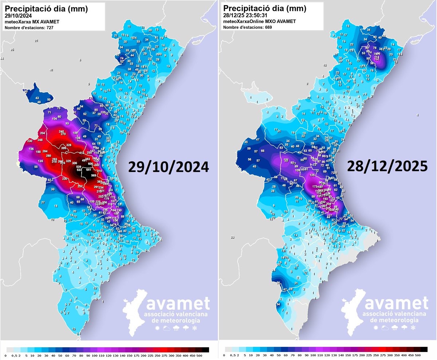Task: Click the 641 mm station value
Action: pos(88,170)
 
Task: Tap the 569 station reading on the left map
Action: pos(94,176)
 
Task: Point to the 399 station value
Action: pos(63,148)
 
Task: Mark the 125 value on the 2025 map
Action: pos(312,175)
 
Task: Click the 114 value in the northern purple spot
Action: pos(377,58)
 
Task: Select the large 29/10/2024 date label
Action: pos(168,167)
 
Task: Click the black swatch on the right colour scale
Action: pos(422,349)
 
